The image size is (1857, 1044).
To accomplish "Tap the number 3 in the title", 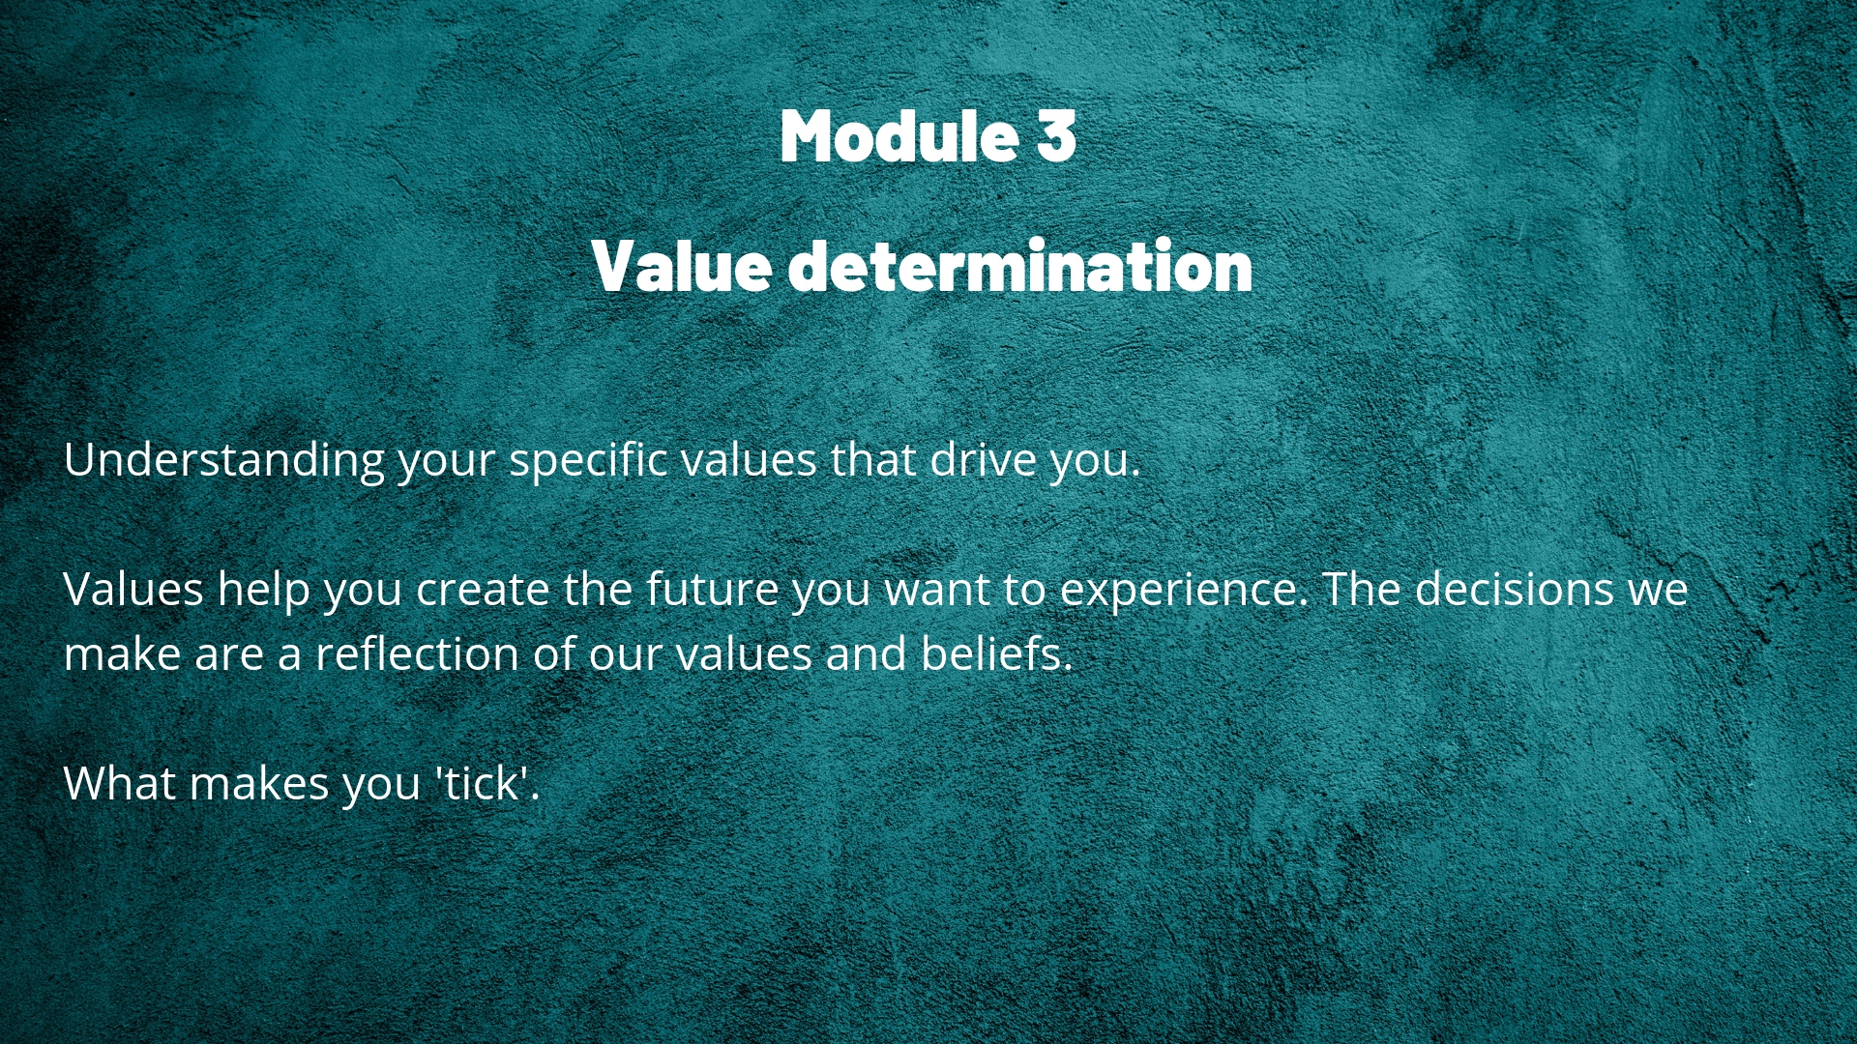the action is (1056, 135).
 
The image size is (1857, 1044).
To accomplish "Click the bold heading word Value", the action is (682, 265).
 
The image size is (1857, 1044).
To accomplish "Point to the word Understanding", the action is (224, 460).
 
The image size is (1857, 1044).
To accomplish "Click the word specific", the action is (588, 460).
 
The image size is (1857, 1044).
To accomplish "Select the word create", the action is (483, 590).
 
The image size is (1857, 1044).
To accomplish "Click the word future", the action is (712, 589).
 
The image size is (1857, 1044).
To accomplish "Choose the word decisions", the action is (1515, 589).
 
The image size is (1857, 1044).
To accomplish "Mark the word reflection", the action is (417, 653).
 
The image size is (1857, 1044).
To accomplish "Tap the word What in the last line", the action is (119, 783).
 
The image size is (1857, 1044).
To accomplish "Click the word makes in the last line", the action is (258, 783).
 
